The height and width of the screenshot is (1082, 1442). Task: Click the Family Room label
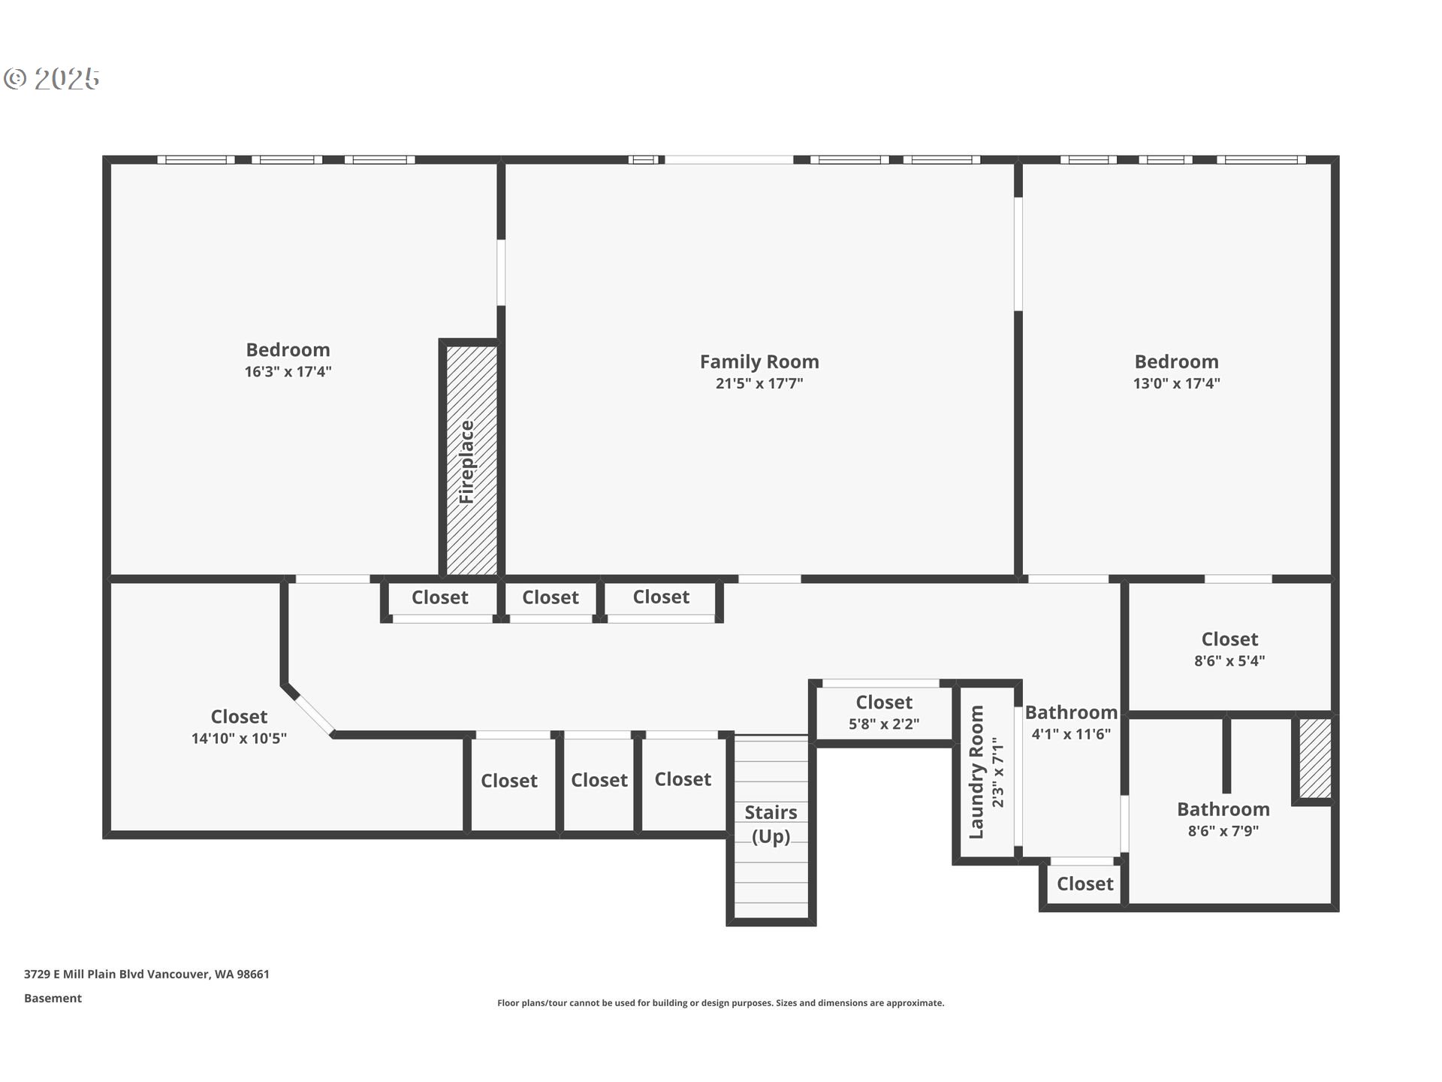coord(759,361)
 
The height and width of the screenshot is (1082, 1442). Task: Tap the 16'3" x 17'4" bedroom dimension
coord(288,372)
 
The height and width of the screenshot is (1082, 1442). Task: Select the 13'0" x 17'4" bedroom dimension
coord(1176,383)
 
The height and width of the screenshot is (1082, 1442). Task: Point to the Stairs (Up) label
coord(771,824)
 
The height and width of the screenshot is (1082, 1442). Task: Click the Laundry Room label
coord(976,772)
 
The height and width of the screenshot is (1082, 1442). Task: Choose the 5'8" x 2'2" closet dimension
coord(884,724)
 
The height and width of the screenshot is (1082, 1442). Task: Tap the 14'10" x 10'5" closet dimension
coord(239,739)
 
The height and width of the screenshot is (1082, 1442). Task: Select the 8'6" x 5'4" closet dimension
coord(1229,661)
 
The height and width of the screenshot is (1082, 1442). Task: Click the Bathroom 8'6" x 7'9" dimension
coord(1223,831)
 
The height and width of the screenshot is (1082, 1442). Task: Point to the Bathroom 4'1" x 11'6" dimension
coord(1070,734)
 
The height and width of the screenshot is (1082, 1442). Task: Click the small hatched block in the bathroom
coord(1315,758)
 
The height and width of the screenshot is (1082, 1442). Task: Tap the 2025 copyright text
coord(53,79)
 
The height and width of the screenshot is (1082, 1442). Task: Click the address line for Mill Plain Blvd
coord(146,975)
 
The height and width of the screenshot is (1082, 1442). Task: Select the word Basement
coord(53,999)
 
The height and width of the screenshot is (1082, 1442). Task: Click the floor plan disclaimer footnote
coord(720,1003)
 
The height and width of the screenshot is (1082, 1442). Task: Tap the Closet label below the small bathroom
coord(1085,884)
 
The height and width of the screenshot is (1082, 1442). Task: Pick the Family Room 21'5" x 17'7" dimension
coord(759,384)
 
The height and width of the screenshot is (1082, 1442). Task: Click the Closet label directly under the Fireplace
coord(439,597)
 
